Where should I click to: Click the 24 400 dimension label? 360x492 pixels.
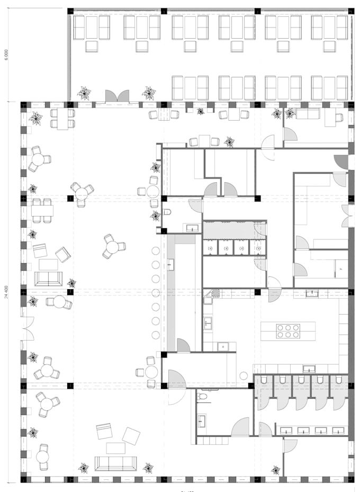[x=6, y=292]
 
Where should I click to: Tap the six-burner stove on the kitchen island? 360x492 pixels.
[x=287, y=331]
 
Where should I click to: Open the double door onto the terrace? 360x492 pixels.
[x=117, y=96]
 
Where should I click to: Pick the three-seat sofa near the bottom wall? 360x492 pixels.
[x=115, y=463]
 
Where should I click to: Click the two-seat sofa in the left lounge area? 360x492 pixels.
[x=48, y=279]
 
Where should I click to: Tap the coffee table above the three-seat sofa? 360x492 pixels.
[x=115, y=448]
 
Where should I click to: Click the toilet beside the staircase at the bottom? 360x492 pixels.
[x=202, y=396]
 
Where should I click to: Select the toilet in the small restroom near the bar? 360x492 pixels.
[x=167, y=212]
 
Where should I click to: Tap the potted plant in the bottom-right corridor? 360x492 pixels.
[x=275, y=470]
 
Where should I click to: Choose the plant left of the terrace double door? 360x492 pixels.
[x=84, y=94]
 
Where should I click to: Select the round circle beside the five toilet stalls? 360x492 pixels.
[x=244, y=375]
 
